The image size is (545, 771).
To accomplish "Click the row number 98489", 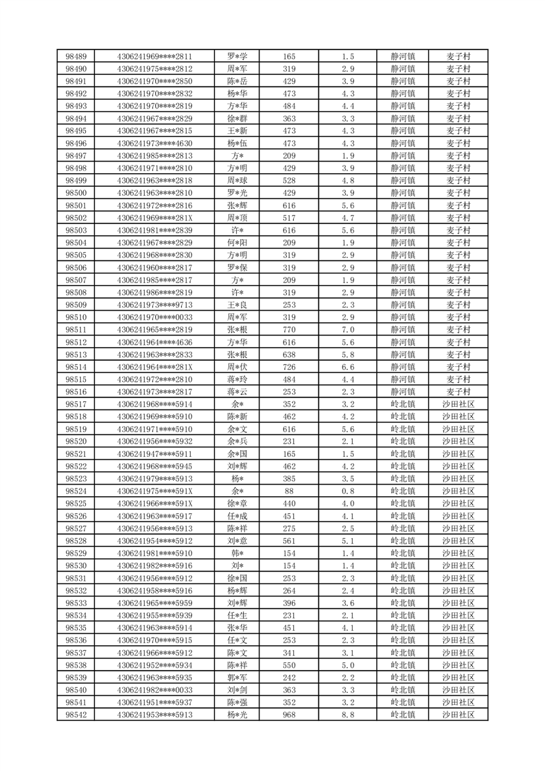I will coord(76,56).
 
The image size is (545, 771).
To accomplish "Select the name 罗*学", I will coord(237,56).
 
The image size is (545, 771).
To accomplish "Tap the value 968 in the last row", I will coord(289,715).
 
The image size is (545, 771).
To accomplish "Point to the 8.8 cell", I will coord(347,715).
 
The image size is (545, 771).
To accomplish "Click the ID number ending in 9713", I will coord(155,304).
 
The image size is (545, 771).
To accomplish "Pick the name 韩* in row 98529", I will coord(237,553).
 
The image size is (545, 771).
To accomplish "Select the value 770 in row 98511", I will coord(289,329).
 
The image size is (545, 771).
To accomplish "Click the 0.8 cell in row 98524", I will coord(347,491).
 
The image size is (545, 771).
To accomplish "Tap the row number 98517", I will coord(76,404).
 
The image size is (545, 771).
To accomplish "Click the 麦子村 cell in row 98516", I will coord(458,392).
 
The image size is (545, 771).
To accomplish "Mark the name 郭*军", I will coord(237,678).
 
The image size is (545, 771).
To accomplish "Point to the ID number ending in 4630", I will coord(155,143).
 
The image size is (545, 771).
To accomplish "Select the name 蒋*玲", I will coord(237,379).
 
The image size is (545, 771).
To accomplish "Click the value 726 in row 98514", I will coord(289,367).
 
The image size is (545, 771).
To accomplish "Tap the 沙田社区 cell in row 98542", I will coord(458,715).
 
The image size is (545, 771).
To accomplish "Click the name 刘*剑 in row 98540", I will coord(237,690).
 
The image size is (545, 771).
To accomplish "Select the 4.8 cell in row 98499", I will coord(347,180).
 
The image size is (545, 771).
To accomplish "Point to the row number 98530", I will coord(76,566).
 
